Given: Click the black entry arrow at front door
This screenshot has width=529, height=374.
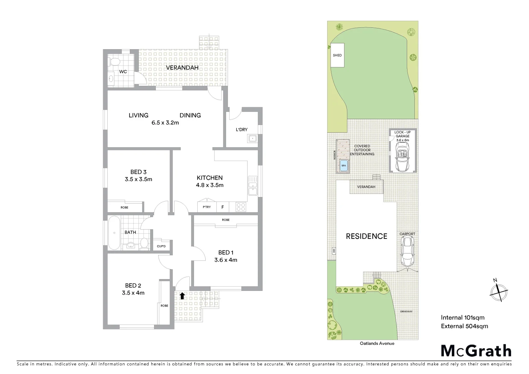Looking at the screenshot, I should point(182,295).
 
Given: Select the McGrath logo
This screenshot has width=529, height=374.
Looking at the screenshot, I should point(476,350).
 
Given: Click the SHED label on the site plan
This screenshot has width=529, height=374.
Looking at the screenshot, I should point(337,55).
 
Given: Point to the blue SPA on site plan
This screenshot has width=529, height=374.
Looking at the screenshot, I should point(343,166).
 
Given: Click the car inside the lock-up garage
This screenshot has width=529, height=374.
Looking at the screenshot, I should point(402,158).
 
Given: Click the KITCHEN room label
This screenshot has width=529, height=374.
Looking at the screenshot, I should point(210,178).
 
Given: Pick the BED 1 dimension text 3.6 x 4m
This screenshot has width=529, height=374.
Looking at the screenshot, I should point(226,260).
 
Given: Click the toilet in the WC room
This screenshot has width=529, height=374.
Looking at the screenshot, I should point(114,62).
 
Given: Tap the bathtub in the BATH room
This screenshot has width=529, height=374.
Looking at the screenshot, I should point(113,233).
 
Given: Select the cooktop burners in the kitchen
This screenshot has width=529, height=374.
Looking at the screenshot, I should point(241,207).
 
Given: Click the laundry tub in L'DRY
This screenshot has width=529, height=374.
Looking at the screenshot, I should point(252,139).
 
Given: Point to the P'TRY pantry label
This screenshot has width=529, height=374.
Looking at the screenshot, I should point(207,207).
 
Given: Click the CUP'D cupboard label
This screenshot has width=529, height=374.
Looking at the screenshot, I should point(161,246).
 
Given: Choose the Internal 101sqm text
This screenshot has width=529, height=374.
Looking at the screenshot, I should point(463,317).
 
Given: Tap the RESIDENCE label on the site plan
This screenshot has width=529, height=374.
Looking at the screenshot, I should point(367,236).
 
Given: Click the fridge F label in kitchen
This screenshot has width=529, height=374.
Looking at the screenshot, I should point(223,207).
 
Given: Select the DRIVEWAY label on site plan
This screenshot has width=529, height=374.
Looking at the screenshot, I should point(406,312).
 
